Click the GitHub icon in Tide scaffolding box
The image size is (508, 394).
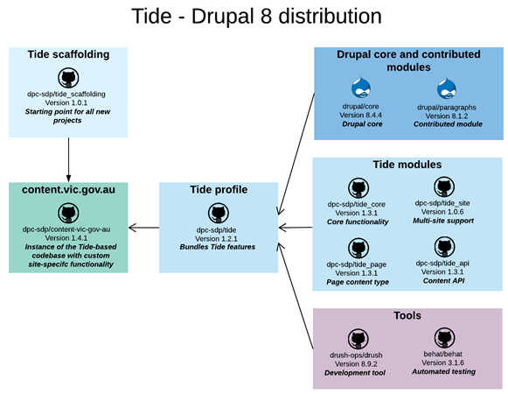(x=68, y=76)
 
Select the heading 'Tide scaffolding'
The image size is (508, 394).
(x=68, y=54)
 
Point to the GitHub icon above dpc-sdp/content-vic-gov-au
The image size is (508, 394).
(x=68, y=213)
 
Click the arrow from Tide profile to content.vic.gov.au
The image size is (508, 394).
(x=143, y=229)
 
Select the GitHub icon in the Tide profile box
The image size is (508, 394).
(x=218, y=213)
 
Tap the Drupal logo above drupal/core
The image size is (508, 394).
(x=361, y=88)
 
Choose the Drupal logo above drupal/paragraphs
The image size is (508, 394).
(x=447, y=88)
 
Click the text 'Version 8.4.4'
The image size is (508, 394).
(x=361, y=115)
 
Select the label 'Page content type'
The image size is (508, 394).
(x=357, y=282)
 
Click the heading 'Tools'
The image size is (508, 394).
(x=407, y=316)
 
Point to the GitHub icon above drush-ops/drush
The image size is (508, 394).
(x=357, y=339)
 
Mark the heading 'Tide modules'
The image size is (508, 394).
(x=407, y=165)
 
